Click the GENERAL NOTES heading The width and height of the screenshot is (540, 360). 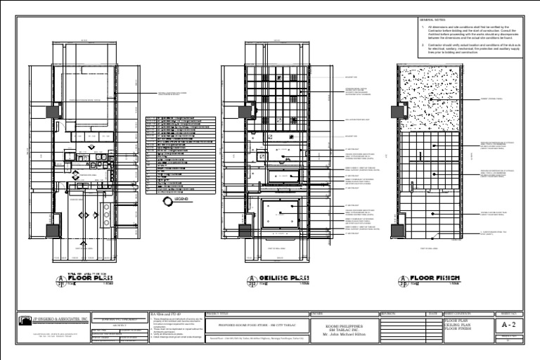pyautogui.click(x=430, y=21)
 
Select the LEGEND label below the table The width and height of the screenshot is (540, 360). pyautogui.click(x=181, y=200)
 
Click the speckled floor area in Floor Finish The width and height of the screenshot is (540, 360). pyautogui.click(x=428, y=98)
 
